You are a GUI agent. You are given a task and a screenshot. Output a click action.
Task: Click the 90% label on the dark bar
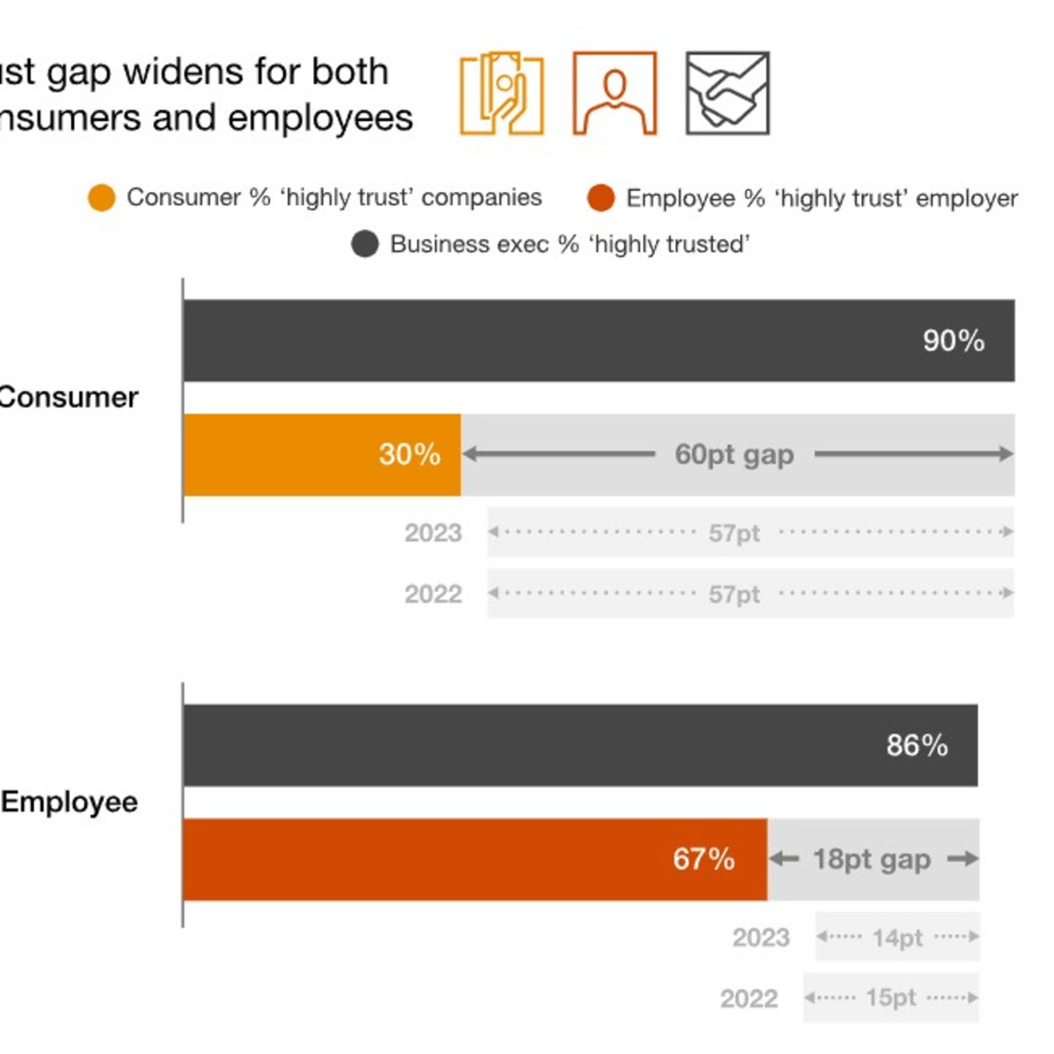pos(953,341)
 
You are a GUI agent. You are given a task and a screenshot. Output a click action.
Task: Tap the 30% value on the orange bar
pos(409,454)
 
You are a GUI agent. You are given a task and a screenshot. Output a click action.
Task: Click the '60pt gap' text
pos(734,454)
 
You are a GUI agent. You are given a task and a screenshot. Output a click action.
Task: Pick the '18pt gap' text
pos(871,859)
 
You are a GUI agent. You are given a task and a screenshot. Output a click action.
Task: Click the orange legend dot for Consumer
pos(102,197)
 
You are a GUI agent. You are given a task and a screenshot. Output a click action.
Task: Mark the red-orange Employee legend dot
pos(601,197)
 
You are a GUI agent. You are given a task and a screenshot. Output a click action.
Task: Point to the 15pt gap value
pos(890,998)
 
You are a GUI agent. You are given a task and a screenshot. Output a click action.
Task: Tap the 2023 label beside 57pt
pos(433,533)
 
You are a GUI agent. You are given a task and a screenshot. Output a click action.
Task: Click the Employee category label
pos(69,802)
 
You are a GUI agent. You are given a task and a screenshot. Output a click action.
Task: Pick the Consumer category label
pos(68,397)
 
